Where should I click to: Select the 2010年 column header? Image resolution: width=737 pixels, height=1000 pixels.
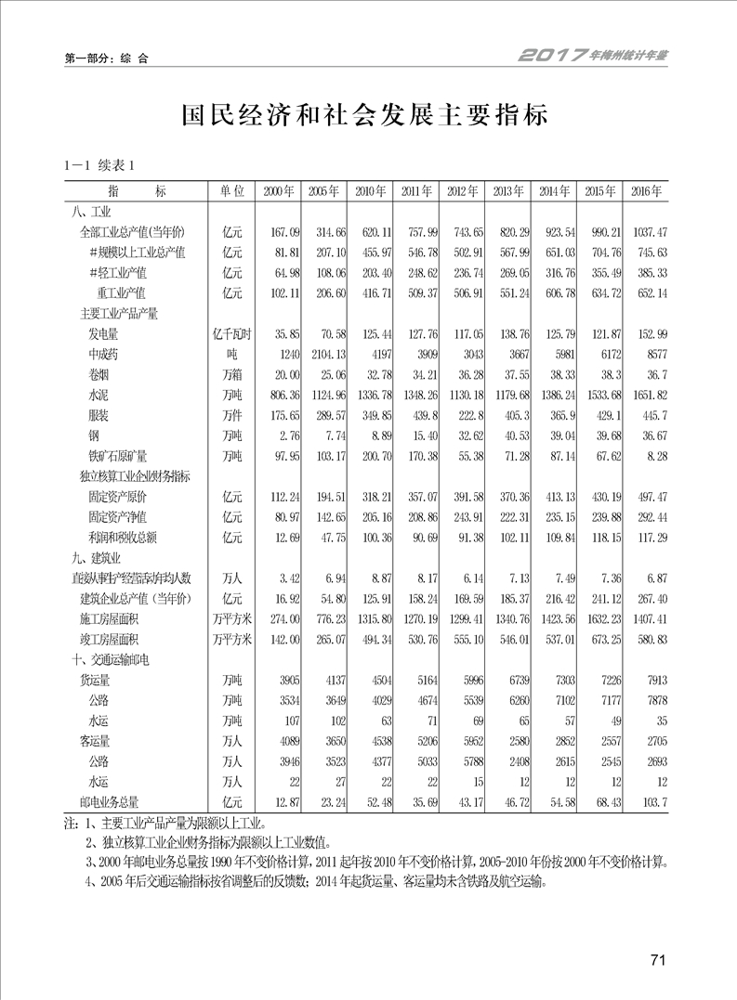369,191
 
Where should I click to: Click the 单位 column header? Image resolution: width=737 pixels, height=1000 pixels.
231,191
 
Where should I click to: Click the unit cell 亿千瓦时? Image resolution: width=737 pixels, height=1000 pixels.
231,333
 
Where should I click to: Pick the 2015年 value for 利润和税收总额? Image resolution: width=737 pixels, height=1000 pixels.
601,537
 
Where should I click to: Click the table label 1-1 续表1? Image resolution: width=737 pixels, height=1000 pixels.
99,166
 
